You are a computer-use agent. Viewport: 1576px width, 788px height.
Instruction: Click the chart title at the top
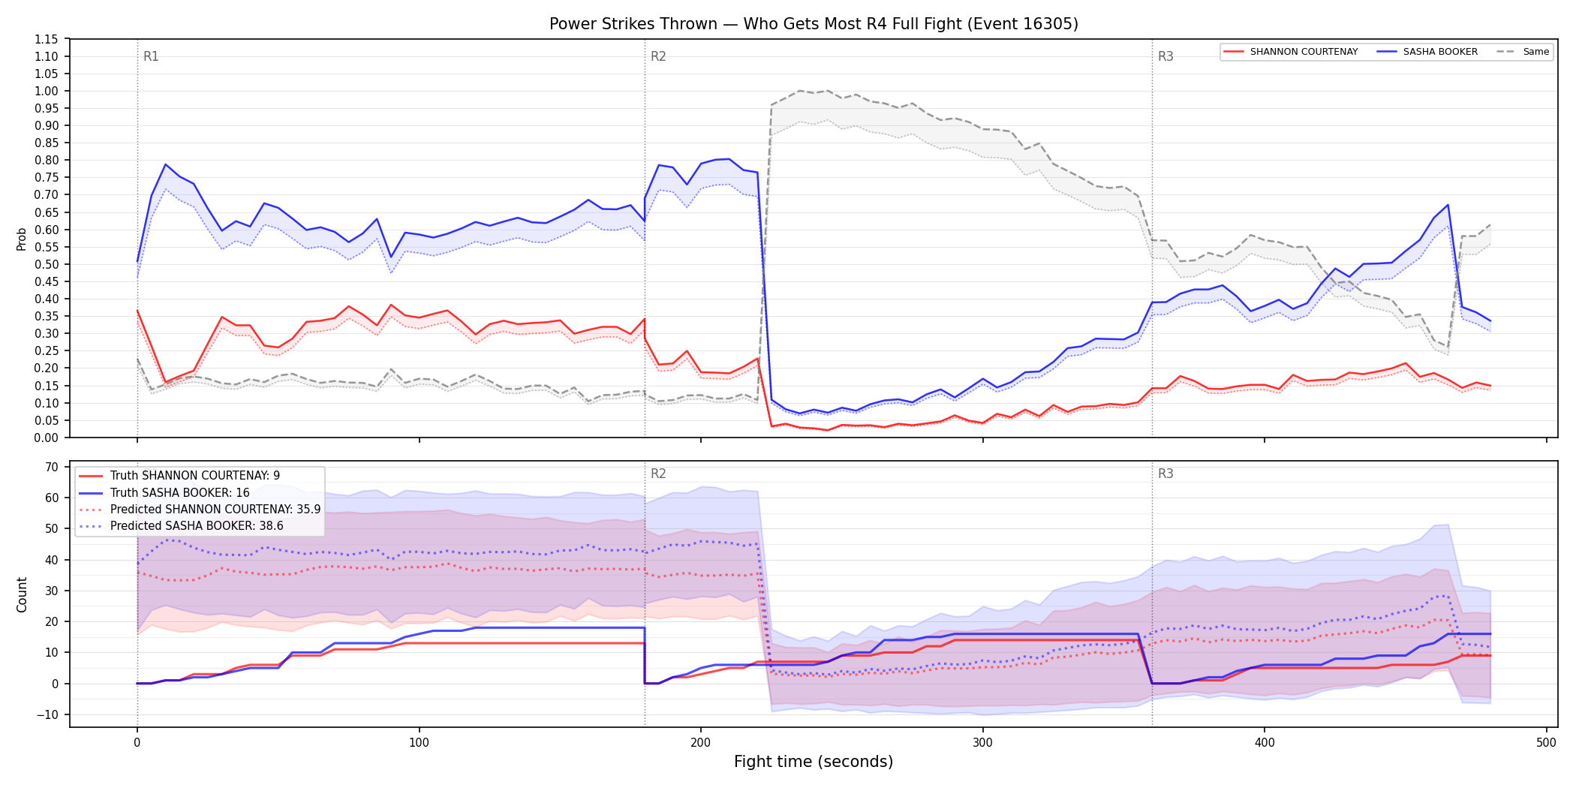[x=814, y=24]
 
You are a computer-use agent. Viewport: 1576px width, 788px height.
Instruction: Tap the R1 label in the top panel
[x=151, y=56]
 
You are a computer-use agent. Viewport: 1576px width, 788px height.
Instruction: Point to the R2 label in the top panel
[x=658, y=56]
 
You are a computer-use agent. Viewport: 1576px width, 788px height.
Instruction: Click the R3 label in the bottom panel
[x=1165, y=474]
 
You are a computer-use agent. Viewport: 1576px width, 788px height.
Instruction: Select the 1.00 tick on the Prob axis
[x=47, y=92]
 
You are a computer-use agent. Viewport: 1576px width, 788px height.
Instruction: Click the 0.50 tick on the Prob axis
[x=47, y=264]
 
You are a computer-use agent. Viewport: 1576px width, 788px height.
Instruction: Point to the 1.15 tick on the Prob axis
[x=47, y=39]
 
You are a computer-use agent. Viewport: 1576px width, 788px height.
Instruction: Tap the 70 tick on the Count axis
[x=52, y=467]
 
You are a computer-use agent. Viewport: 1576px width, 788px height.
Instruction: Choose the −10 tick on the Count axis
[x=47, y=714]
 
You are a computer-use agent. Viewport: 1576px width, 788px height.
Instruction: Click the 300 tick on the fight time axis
[x=982, y=743]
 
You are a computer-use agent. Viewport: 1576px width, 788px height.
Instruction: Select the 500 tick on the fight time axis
[x=1546, y=743]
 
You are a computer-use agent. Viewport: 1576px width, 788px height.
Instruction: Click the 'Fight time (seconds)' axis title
[x=814, y=762]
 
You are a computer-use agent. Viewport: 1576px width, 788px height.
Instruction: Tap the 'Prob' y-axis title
[x=22, y=239]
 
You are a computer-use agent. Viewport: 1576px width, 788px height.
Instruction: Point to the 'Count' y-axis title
[x=22, y=594]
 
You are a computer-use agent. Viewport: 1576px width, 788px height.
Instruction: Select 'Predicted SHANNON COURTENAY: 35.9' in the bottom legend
[x=215, y=509]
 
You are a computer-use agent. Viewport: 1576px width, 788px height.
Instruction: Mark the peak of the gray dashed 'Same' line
[x=799, y=91]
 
